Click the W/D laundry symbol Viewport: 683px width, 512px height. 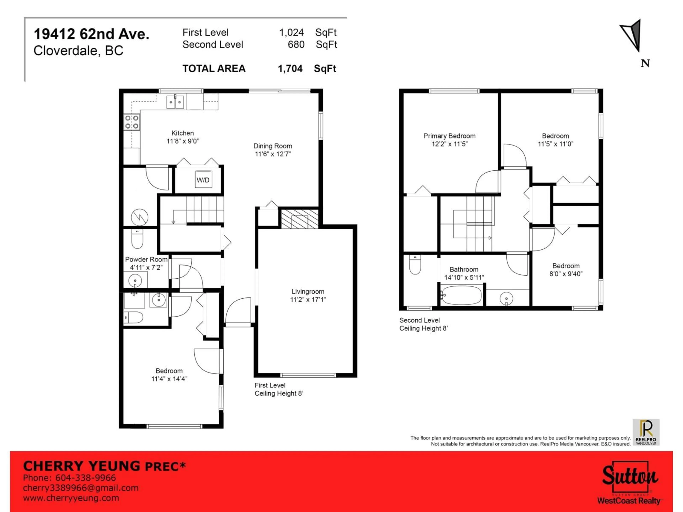[x=203, y=180]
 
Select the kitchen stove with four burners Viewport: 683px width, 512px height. [x=132, y=122]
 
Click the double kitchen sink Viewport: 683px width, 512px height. [x=175, y=102]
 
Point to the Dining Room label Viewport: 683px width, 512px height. [x=273, y=146]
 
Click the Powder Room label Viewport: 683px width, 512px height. [x=146, y=259]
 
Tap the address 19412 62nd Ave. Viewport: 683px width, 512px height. [x=91, y=34]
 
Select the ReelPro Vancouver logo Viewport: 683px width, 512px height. [x=646, y=432]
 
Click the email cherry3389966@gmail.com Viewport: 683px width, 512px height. [x=81, y=488]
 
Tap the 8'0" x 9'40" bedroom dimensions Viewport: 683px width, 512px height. [x=566, y=274]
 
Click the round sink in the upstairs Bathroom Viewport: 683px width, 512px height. [x=506, y=298]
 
